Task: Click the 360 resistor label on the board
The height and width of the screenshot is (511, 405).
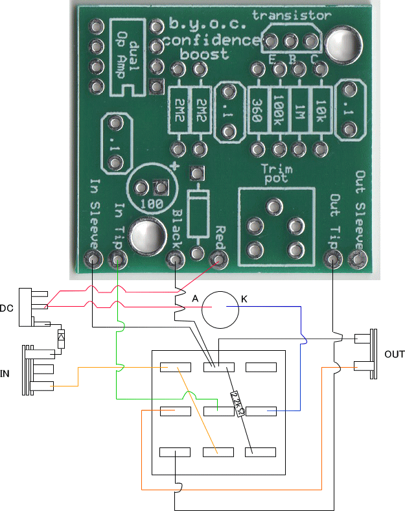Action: (x=257, y=111)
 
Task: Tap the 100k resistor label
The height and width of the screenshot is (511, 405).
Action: (x=279, y=110)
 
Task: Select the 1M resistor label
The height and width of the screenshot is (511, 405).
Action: (x=300, y=112)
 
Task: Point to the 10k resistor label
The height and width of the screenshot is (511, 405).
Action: (x=320, y=111)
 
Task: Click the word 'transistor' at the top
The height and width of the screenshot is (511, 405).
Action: (x=292, y=16)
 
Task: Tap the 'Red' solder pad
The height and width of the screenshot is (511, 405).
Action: (x=218, y=259)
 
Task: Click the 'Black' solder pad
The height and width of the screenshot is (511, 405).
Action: (x=176, y=260)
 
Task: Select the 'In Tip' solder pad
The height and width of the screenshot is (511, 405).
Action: (x=117, y=260)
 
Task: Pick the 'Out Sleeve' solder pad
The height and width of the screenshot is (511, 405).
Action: (x=358, y=259)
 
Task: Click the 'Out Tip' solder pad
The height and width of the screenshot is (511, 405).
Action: (x=332, y=259)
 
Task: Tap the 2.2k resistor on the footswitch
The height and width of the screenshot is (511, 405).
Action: (x=237, y=404)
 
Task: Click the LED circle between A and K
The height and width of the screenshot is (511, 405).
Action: (x=220, y=309)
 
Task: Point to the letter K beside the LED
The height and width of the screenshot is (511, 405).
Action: (x=244, y=299)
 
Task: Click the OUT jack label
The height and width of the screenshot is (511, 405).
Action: (x=394, y=354)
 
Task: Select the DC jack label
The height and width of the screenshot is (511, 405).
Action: (x=6, y=308)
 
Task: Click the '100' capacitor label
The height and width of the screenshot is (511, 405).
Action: (x=152, y=204)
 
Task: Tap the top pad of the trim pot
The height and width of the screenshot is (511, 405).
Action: (x=274, y=207)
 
